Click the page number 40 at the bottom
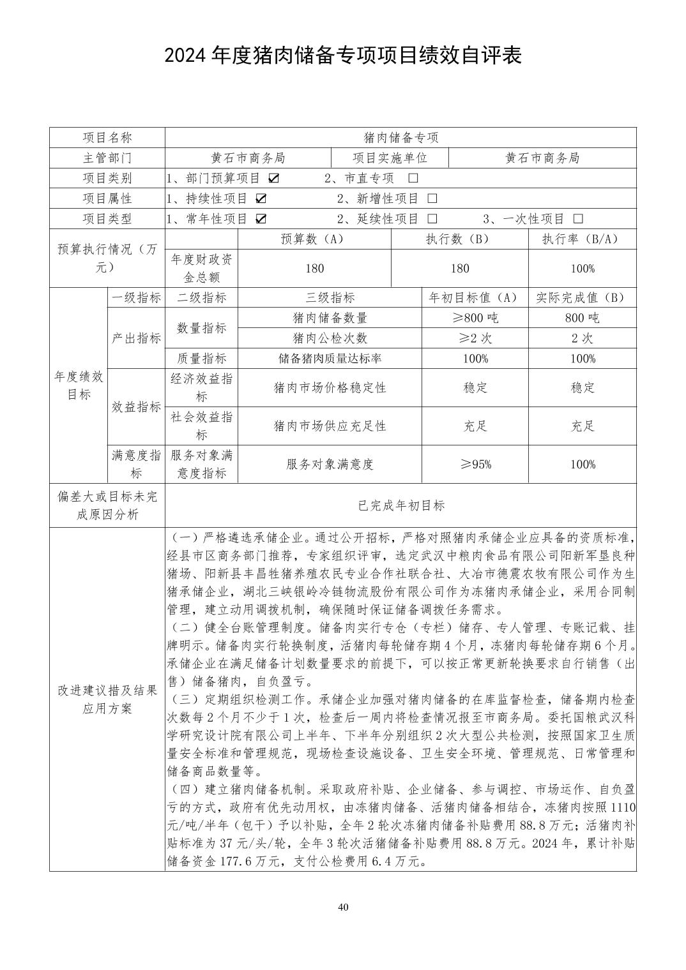coord(344,908)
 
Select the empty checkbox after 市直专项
coord(413,178)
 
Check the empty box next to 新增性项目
coord(432,198)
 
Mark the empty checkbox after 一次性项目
coord(578,219)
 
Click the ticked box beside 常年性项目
coord(261,219)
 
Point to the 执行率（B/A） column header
coord(581,239)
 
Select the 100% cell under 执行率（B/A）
coord(583,269)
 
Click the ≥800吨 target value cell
coord(475,318)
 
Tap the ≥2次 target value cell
coord(475,338)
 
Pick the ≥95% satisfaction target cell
coord(475,465)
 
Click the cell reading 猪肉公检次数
coord(330,338)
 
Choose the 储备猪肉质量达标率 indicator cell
coord(330,359)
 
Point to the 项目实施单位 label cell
coord(390,158)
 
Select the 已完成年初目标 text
coord(400,505)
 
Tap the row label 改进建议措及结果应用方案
coord(107,699)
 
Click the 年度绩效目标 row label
coord(78,385)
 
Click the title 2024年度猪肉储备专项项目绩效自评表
coord(343,56)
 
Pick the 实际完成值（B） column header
coord(581,297)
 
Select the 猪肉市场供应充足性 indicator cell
coord(330,426)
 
